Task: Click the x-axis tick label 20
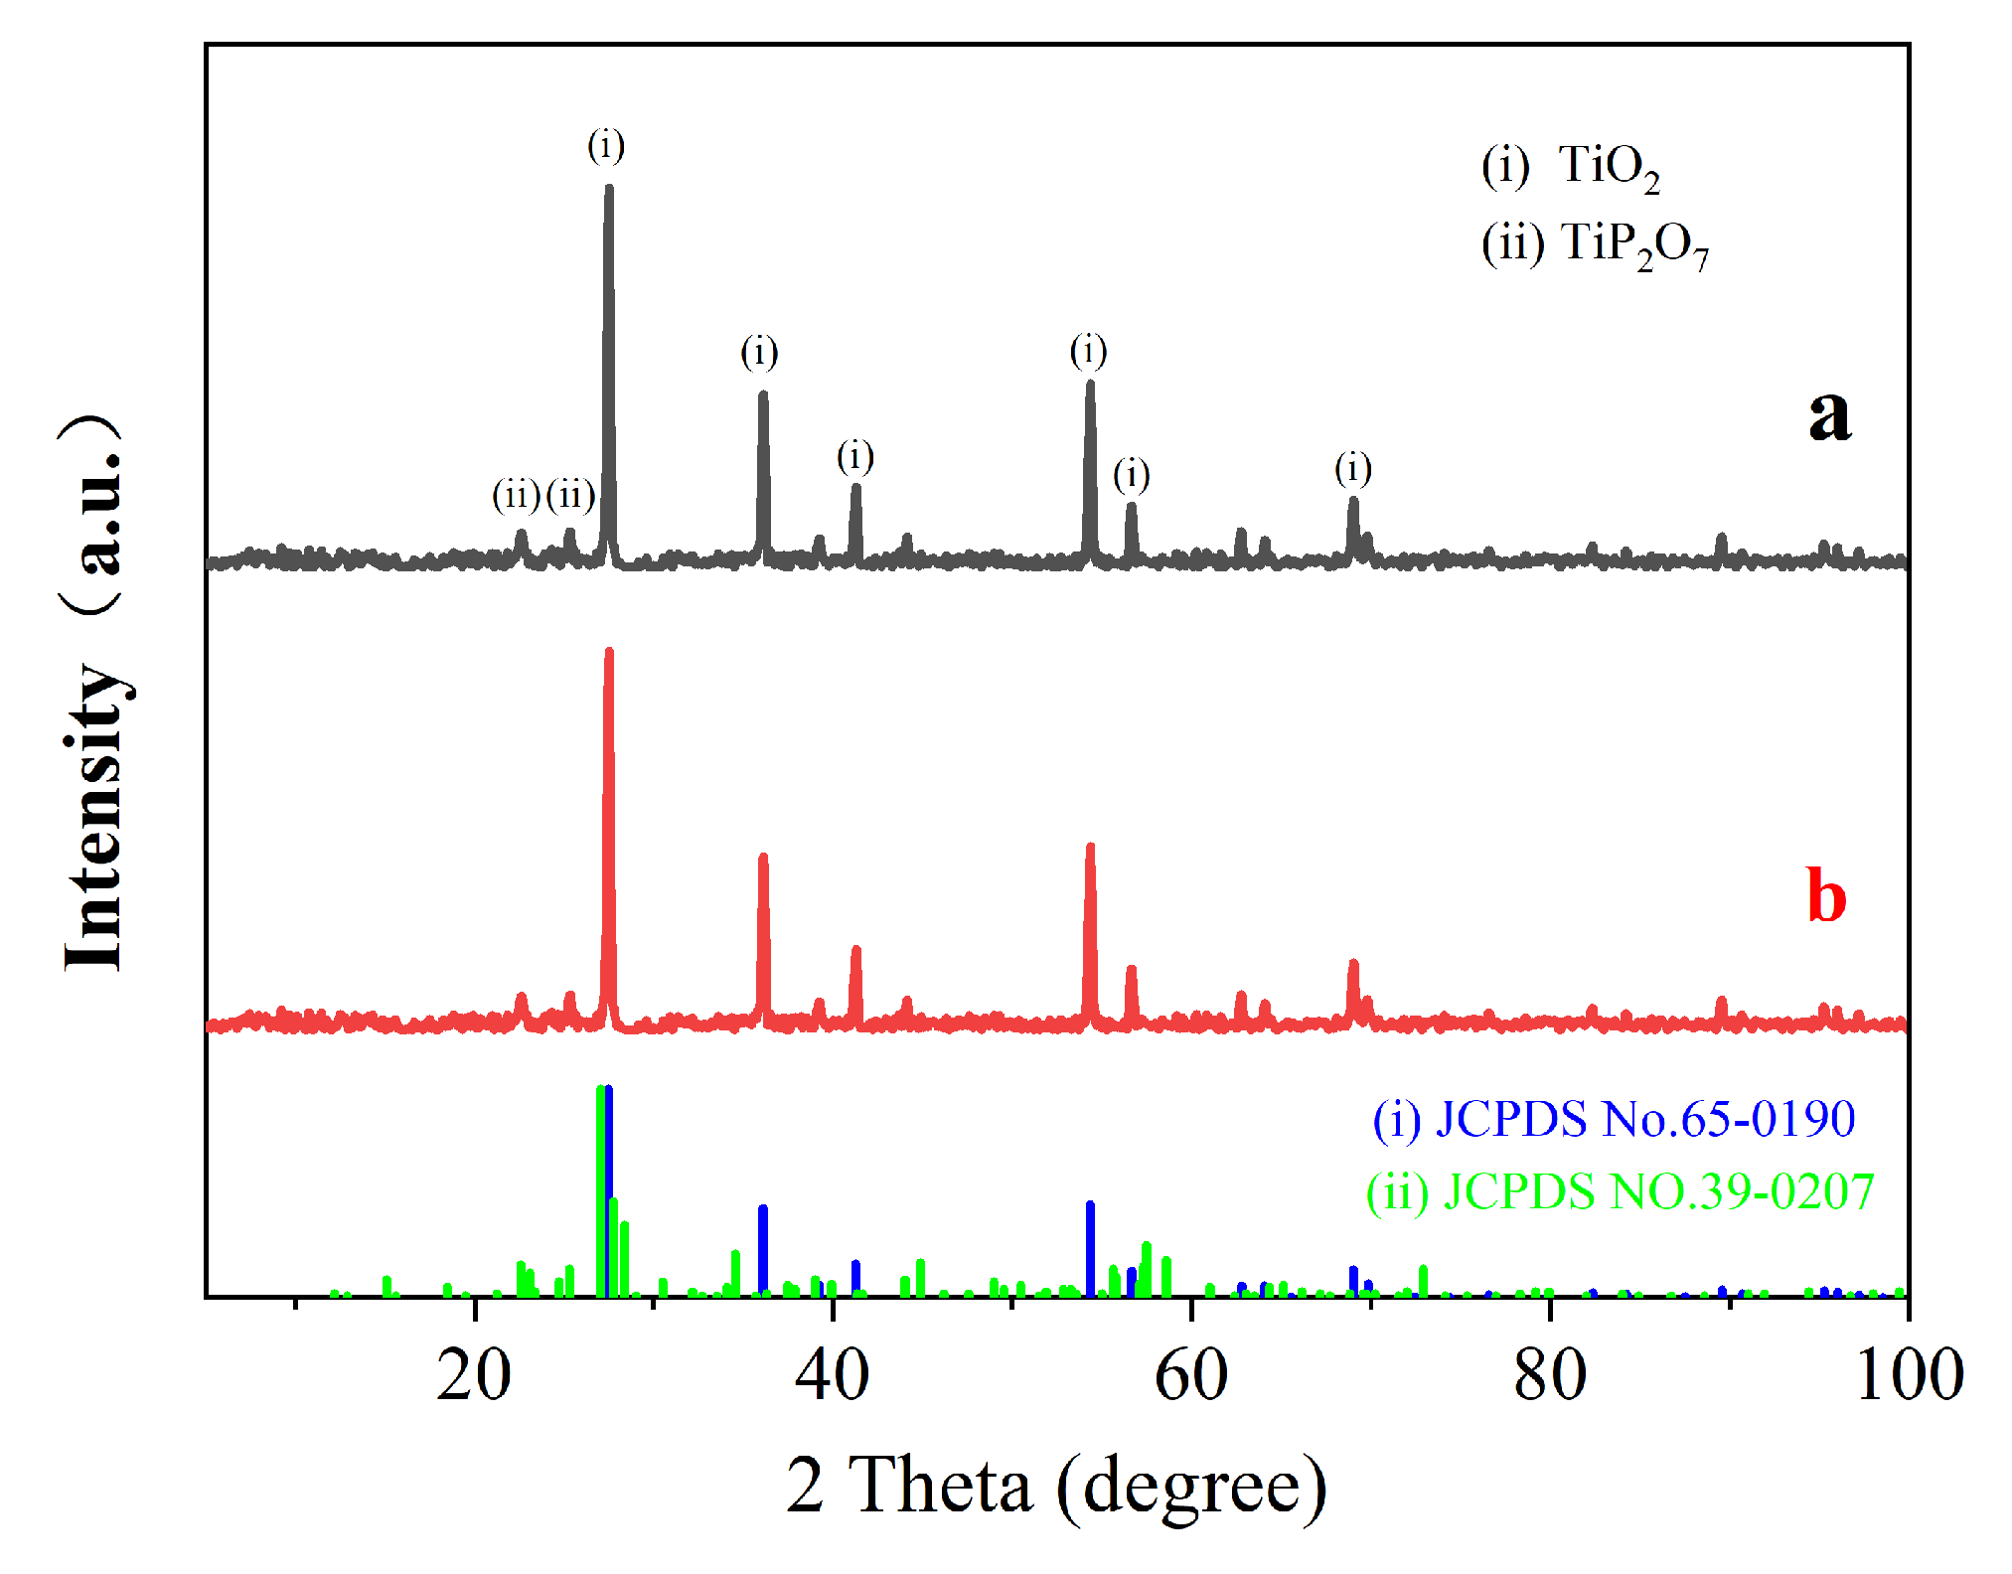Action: tap(474, 1376)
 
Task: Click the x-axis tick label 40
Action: tap(833, 1376)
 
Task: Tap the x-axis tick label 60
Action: tap(1190, 1376)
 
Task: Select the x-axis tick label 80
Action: tap(1549, 1376)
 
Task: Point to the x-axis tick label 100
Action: tap(1909, 1376)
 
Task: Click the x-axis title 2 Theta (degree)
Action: tap(1056, 1485)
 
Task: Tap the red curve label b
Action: tap(1826, 895)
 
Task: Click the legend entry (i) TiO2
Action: tap(1570, 167)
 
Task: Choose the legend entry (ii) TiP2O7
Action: tap(1594, 245)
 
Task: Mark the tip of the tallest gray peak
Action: tap(609, 187)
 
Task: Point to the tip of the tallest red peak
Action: tap(609, 651)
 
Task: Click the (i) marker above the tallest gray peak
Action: tap(606, 146)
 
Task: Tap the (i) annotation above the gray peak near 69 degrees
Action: tap(1353, 468)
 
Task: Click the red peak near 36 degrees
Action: tap(763, 857)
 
